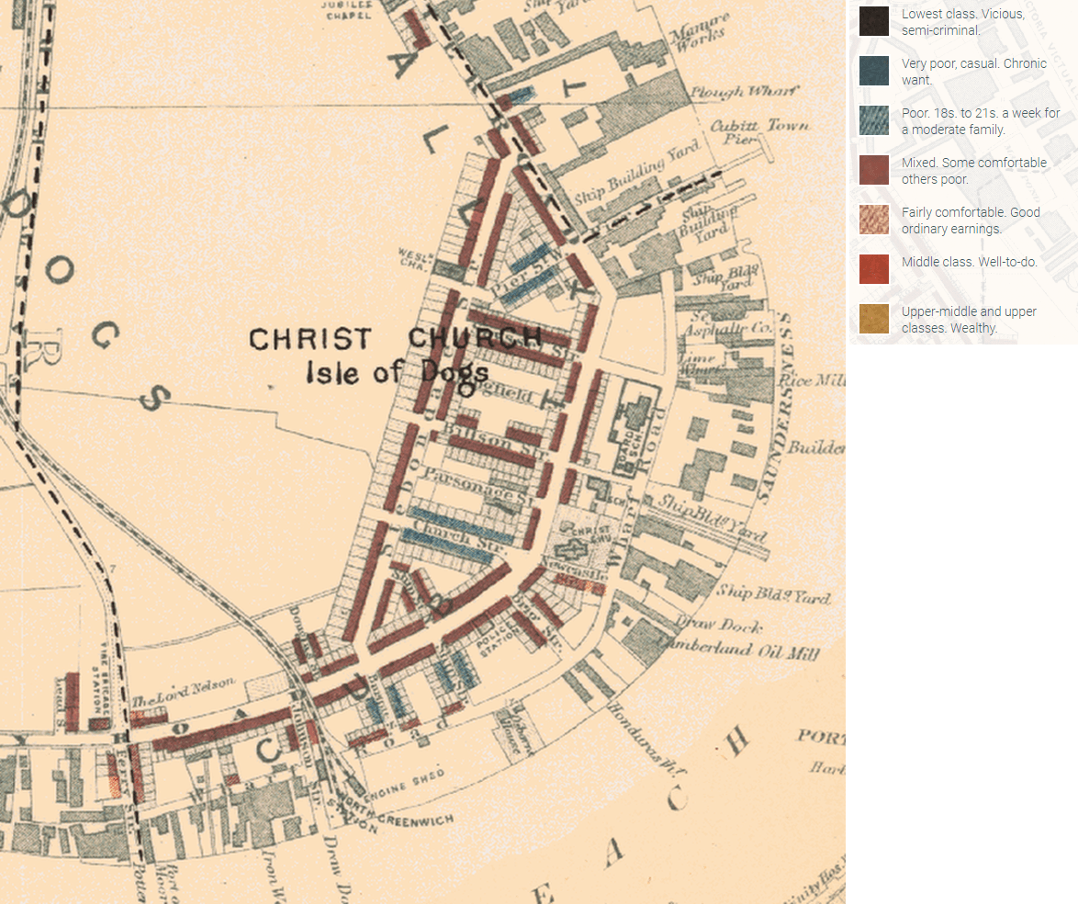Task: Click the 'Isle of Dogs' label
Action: coord(397,373)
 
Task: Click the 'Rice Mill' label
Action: coord(812,379)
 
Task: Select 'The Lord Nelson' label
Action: coord(184,692)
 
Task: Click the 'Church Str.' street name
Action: coord(448,535)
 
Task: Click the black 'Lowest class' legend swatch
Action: coord(873,21)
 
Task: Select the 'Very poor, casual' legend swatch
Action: coord(873,71)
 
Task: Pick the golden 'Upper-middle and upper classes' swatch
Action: coord(873,319)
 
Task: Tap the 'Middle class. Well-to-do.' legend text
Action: coord(969,262)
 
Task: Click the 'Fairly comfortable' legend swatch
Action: coord(873,220)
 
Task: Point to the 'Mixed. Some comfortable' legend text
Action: coord(973,170)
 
